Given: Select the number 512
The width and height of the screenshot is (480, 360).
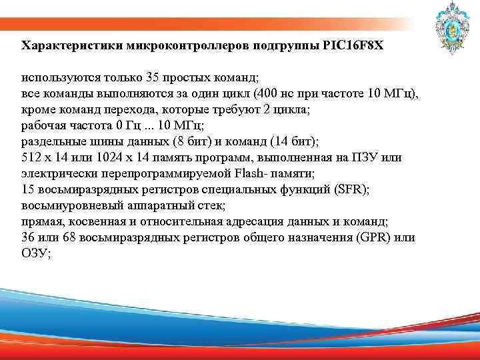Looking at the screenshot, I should point(32,157).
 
